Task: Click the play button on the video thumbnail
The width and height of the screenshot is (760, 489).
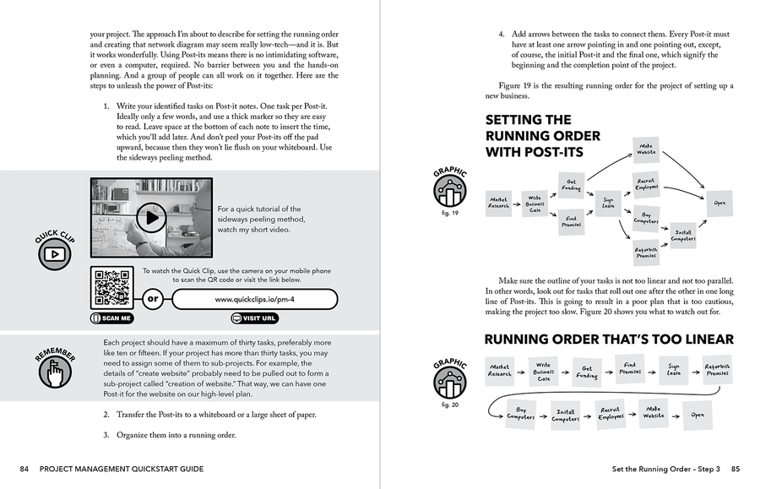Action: pos(152,218)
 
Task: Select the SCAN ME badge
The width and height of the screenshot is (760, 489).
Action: pos(111,318)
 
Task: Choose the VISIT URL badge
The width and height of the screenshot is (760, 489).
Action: pos(253,318)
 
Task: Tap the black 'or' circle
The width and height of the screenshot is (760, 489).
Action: pos(153,299)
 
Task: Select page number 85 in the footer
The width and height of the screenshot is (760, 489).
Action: pos(736,469)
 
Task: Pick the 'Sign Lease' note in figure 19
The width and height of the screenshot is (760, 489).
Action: pos(607,203)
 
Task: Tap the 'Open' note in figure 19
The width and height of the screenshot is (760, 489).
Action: pos(719,203)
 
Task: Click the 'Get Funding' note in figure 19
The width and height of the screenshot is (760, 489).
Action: pos(571,184)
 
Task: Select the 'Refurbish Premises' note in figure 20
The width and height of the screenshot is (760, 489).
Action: pos(717,370)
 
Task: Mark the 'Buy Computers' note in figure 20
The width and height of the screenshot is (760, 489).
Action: pos(519,413)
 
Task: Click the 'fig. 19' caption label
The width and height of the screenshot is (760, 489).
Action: pos(450,214)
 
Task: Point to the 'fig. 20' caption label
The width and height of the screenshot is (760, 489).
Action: pos(450,405)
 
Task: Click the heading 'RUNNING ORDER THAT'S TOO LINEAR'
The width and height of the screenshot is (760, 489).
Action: pos(609,340)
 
